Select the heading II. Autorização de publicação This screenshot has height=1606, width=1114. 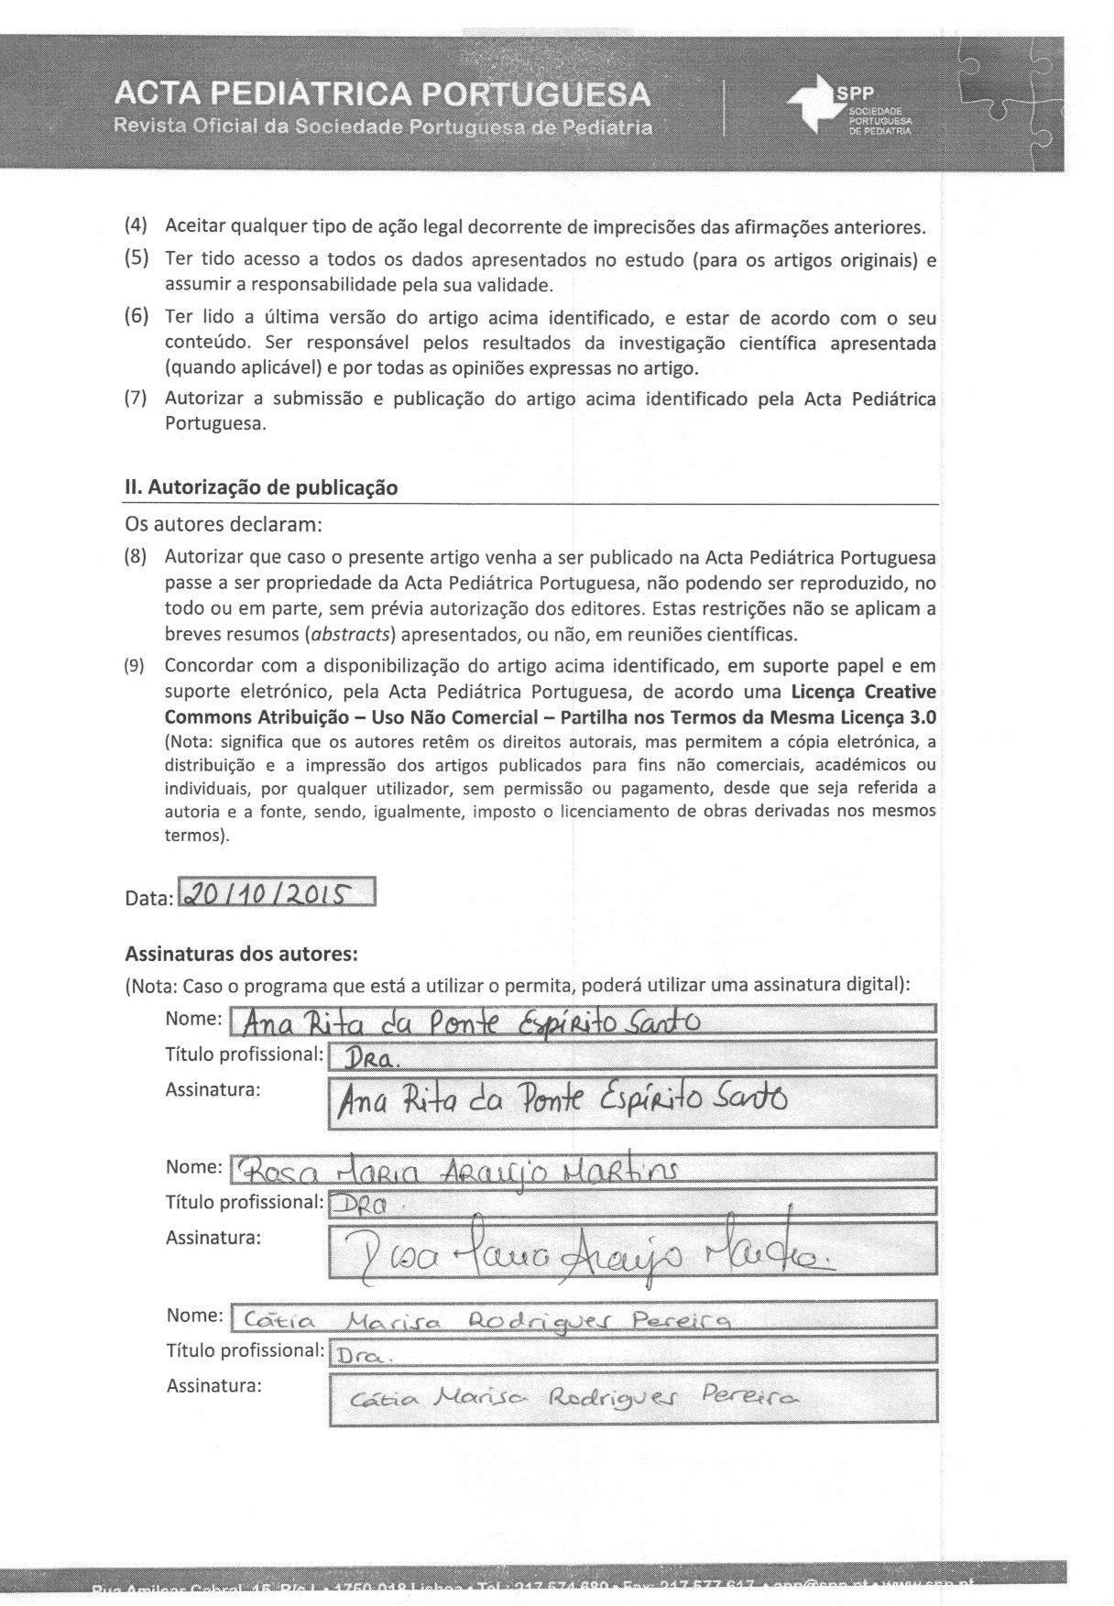pos(261,487)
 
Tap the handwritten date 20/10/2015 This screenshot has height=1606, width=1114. pos(277,892)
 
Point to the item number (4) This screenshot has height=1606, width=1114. pos(137,225)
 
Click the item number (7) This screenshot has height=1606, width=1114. pos(137,399)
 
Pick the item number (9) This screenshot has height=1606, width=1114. pos(136,666)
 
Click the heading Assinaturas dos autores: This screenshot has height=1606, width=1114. pos(241,954)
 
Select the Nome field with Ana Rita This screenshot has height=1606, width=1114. pos(583,1020)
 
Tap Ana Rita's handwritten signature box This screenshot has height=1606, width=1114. pos(632,1100)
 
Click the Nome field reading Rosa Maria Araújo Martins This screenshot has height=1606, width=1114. pos(583,1167)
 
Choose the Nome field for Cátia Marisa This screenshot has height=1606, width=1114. pos(583,1316)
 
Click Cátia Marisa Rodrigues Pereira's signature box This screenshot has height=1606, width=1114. pos(632,1396)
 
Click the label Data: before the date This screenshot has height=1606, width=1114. pos(148,899)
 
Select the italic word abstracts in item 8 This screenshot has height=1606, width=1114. pos(353,634)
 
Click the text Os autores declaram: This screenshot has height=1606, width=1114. pos(223,525)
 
